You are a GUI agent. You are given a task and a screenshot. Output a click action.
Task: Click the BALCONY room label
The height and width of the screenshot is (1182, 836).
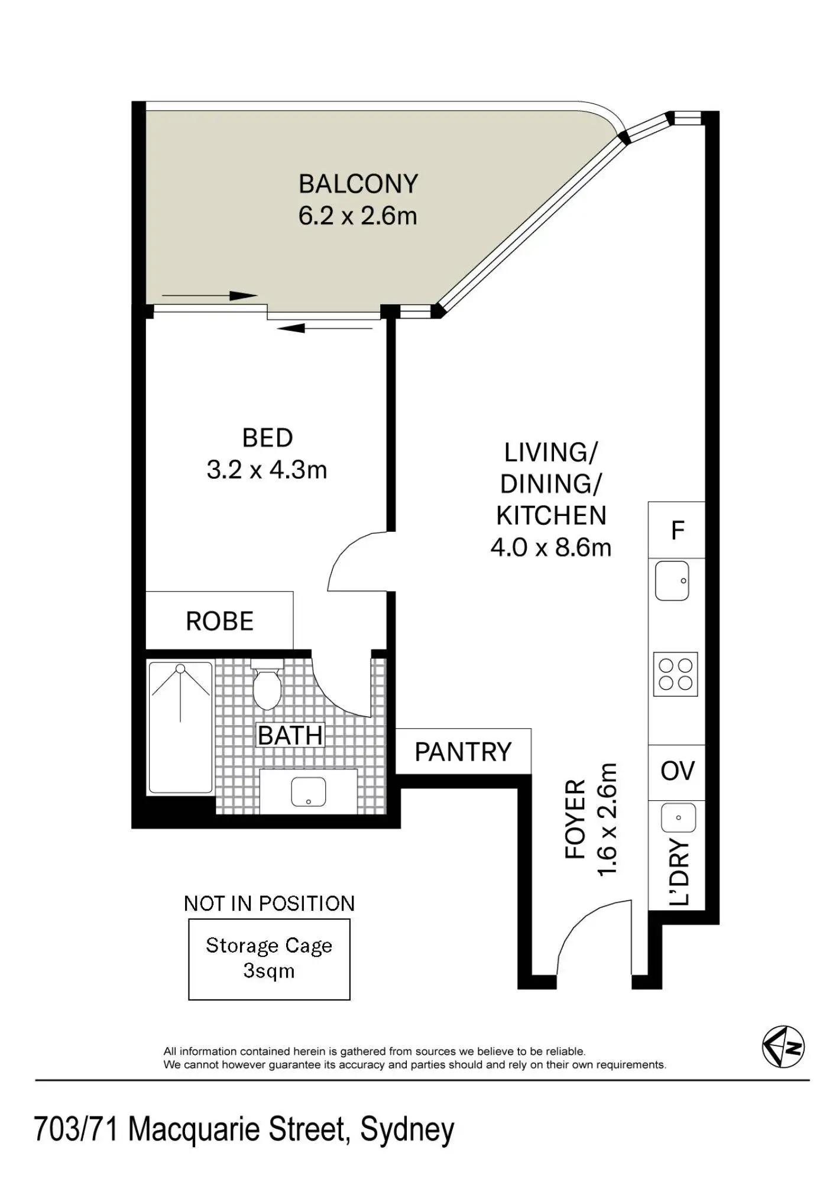point(358,184)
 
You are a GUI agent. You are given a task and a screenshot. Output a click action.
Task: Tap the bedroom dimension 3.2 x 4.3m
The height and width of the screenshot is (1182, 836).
point(267,470)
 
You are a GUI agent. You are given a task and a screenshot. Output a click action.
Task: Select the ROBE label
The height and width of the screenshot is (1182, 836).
point(220,621)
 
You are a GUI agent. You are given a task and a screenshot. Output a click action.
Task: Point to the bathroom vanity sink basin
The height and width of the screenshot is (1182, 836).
point(309,792)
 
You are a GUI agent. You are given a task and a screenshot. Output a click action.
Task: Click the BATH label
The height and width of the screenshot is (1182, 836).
point(290,736)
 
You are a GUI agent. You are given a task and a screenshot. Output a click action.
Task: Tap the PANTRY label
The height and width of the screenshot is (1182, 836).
point(463,752)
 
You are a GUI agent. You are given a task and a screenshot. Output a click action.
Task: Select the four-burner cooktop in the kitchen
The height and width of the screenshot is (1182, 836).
point(676,674)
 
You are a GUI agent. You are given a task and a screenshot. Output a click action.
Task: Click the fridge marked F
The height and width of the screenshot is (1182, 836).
point(677,530)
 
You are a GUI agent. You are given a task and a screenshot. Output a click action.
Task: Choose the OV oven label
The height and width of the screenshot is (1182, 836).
point(678,771)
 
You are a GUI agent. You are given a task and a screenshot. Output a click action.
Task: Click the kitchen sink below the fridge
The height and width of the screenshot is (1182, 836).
point(672,581)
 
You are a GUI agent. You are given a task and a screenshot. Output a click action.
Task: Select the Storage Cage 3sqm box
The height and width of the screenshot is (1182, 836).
point(270,959)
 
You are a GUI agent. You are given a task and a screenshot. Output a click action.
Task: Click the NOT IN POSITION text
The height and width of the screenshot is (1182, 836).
point(269,904)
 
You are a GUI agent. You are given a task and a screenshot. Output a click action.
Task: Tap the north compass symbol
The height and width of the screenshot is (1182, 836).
point(783,1047)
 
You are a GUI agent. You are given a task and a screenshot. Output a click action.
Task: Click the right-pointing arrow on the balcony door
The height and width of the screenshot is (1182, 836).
point(209,295)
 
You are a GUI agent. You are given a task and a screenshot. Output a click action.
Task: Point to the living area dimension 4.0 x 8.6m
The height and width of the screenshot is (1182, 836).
point(551,548)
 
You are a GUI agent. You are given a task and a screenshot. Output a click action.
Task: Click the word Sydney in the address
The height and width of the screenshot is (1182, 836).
point(407,1129)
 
